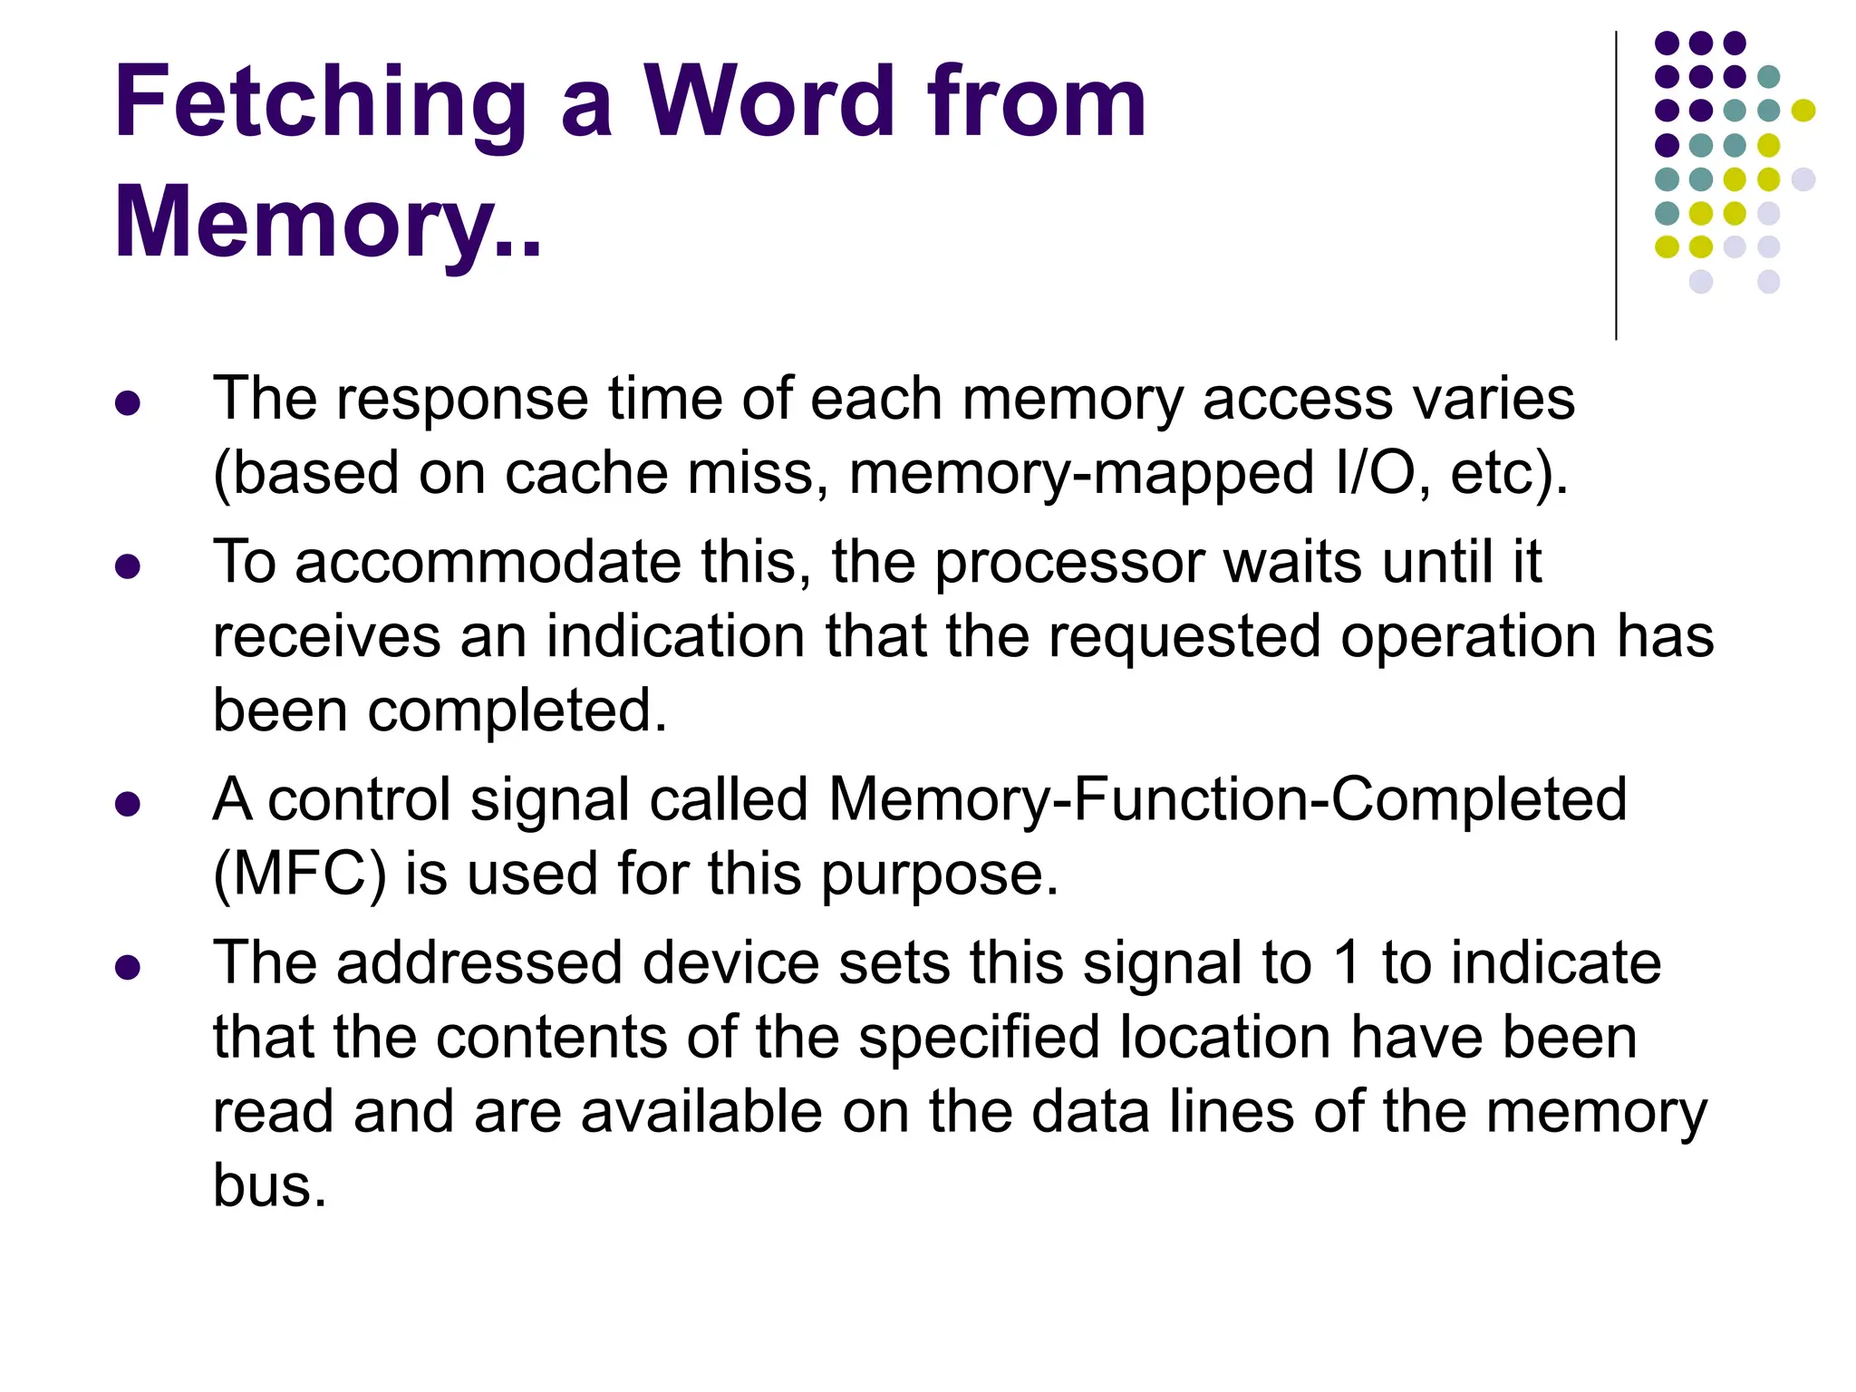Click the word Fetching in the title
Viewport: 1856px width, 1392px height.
(x=320, y=104)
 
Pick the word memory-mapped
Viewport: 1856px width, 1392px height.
(x=1081, y=475)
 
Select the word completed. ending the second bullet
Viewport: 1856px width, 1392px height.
(x=517, y=710)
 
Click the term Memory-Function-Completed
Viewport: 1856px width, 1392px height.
(x=1228, y=800)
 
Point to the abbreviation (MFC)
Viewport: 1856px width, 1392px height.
(x=299, y=875)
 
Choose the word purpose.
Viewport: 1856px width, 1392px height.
(x=940, y=876)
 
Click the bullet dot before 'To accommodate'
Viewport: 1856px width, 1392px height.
(x=129, y=567)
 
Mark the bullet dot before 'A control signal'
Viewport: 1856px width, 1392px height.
(x=129, y=804)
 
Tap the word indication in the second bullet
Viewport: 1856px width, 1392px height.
(x=675, y=636)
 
